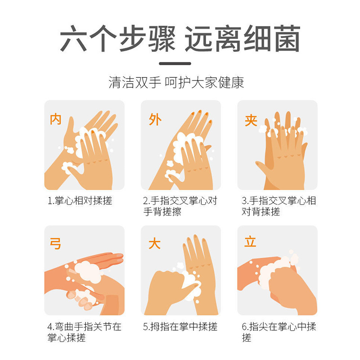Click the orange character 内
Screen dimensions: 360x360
55,119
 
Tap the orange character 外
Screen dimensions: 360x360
155,119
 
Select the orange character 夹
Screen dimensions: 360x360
251,121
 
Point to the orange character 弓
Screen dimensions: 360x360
55,243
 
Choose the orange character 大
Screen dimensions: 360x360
154,243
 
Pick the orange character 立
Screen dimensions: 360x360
250,242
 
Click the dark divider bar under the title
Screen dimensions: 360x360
175,63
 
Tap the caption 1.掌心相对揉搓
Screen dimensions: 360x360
80,201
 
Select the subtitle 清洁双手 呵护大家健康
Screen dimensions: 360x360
176,82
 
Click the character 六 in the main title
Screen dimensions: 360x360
73,38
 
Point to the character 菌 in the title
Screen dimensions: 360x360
288,38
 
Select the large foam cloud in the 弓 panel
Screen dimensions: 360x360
88,272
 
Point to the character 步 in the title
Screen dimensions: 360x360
133,38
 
